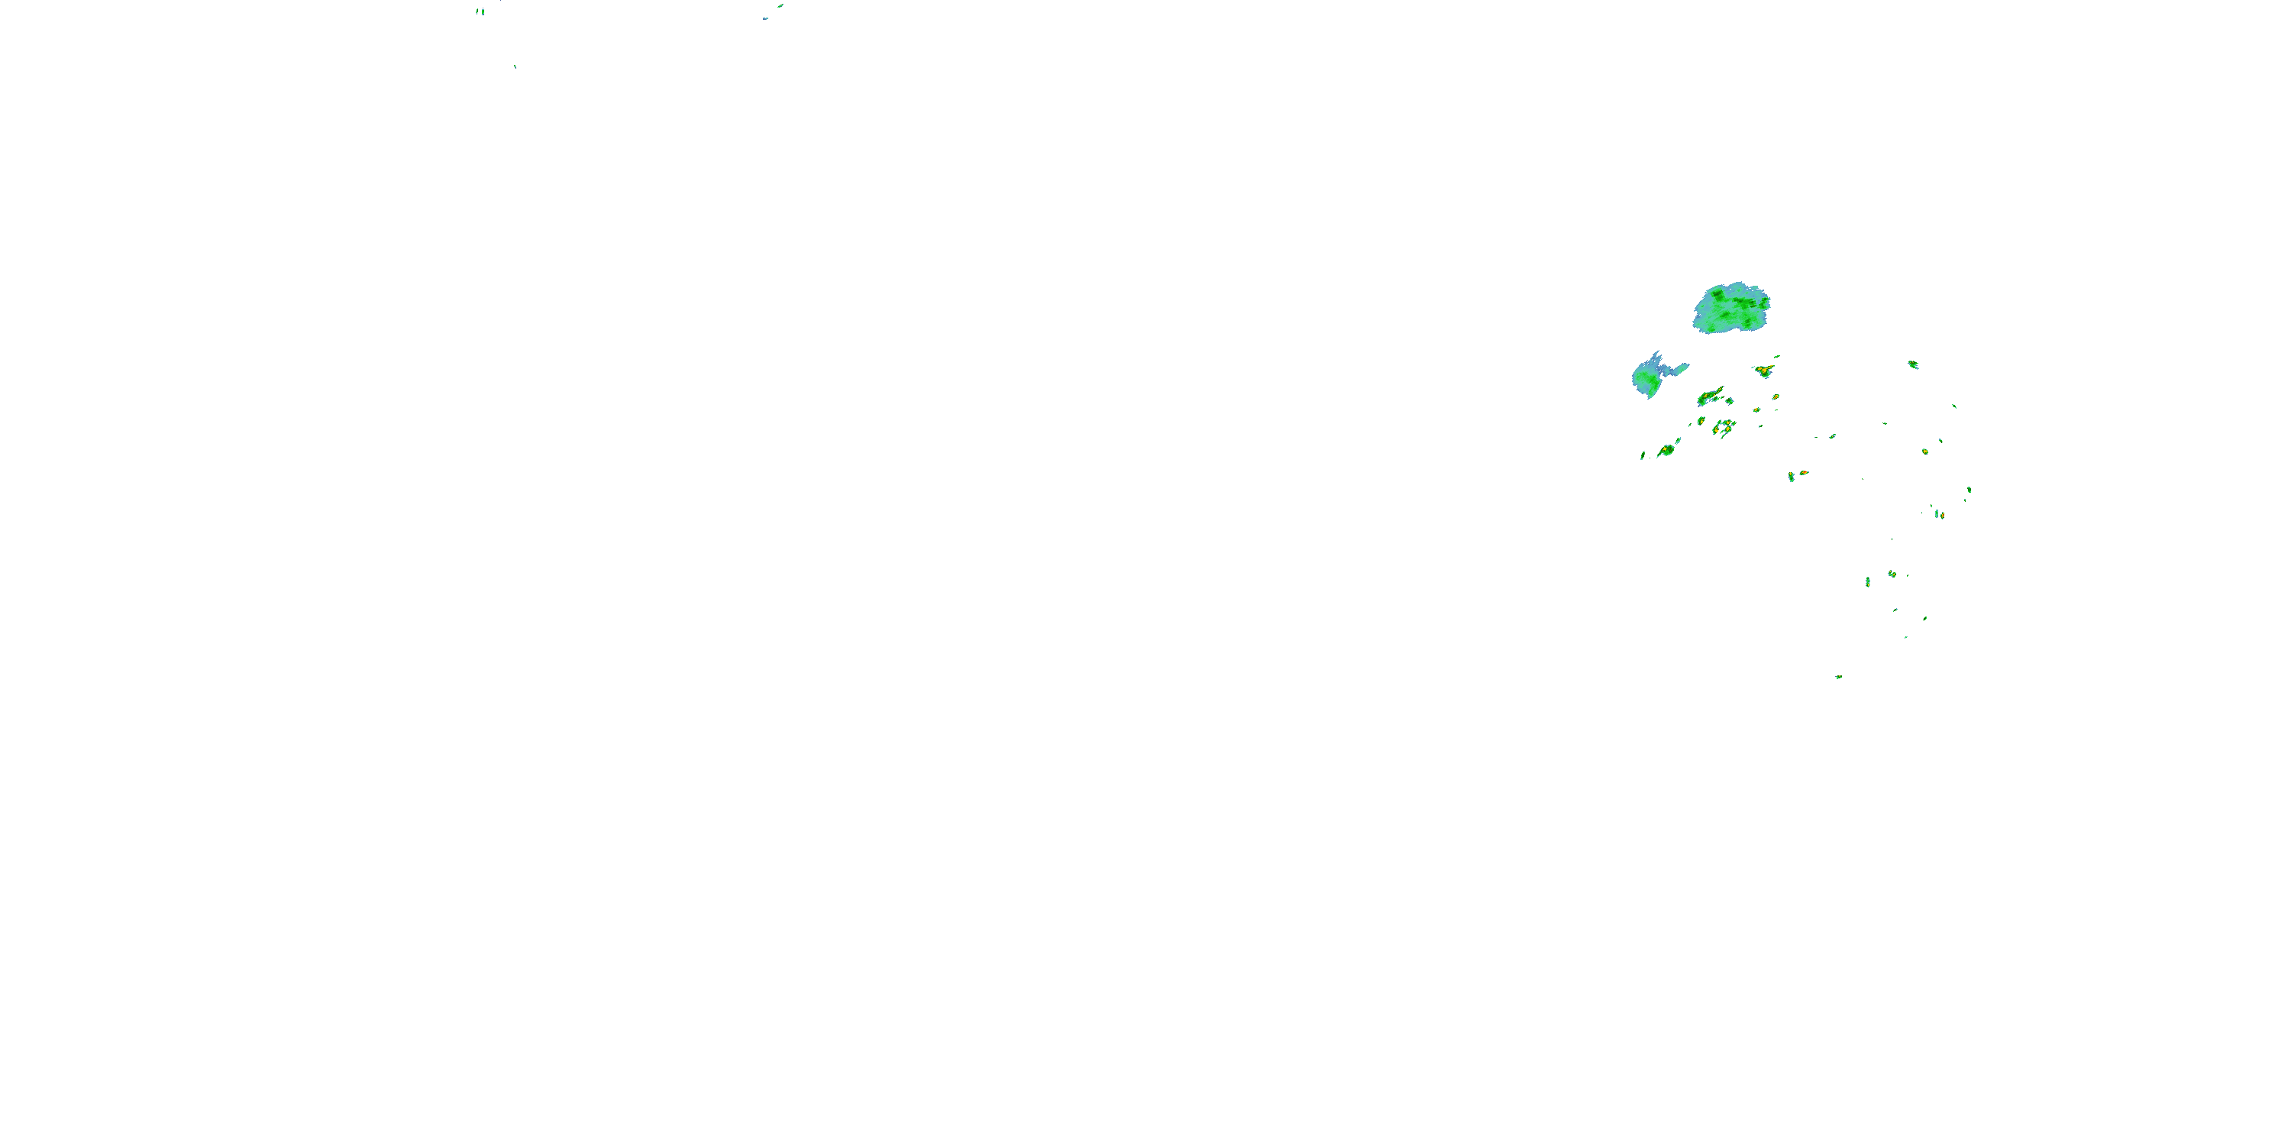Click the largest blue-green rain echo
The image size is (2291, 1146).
[1730, 309]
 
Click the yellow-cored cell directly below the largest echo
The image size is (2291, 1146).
[1763, 370]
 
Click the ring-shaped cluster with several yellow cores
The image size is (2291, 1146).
[1724, 428]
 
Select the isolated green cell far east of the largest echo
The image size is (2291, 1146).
[1913, 364]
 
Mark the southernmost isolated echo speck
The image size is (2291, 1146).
[1838, 677]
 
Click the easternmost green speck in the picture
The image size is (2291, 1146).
[1969, 490]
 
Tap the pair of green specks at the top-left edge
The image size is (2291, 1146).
[480, 11]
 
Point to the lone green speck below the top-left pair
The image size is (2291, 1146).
[515, 66]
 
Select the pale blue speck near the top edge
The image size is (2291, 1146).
[765, 18]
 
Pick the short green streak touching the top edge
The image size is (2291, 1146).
[780, 5]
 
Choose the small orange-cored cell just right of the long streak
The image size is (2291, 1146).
[1730, 400]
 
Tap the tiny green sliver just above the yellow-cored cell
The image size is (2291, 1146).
[1776, 357]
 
